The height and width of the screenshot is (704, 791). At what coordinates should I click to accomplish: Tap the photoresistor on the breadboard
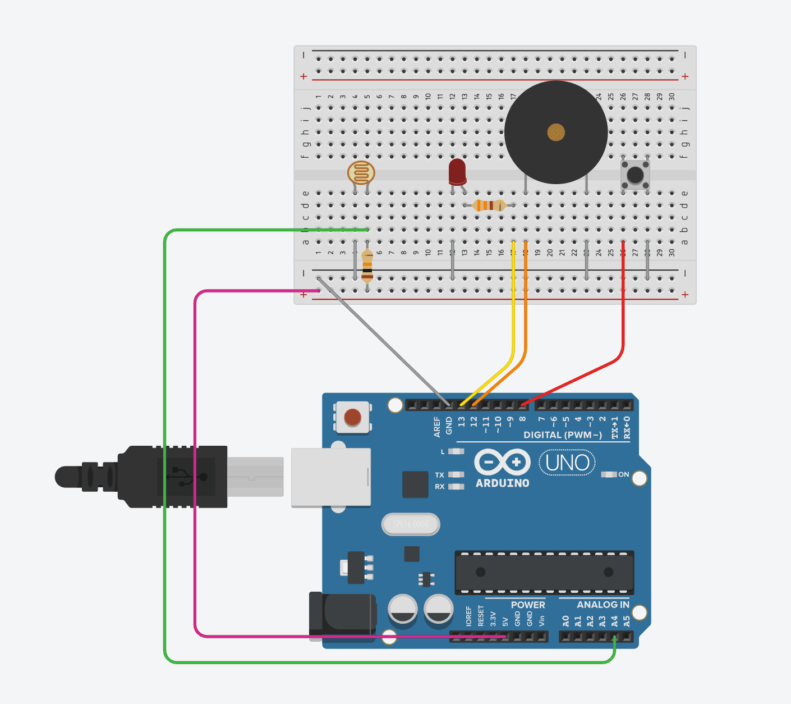[361, 172]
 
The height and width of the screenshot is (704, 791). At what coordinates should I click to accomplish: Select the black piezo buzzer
[555, 132]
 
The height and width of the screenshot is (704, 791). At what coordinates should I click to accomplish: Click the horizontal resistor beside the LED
[489, 205]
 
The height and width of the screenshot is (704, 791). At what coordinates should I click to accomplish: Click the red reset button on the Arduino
[352, 417]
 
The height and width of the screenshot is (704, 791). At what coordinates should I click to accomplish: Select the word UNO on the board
[567, 463]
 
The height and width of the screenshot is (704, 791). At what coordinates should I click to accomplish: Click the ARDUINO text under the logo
[502, 483]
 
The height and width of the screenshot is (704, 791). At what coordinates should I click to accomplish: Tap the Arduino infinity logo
[502, 462]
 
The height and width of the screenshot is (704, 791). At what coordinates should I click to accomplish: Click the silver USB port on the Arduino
[331, 477]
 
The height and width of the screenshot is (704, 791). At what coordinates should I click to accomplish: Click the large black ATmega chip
[544, 573]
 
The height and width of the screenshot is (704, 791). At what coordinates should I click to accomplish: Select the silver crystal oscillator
[411, 524]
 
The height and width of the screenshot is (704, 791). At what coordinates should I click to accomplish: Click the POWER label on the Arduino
[527, 605]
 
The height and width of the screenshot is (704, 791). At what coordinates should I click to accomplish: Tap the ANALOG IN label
[603, 605]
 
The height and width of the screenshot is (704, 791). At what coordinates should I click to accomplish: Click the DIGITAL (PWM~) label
[562, 435]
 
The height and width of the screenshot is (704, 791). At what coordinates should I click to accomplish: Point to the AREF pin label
[437, 427]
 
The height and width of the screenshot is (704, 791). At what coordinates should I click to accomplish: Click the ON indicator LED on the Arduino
[609, 474]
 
